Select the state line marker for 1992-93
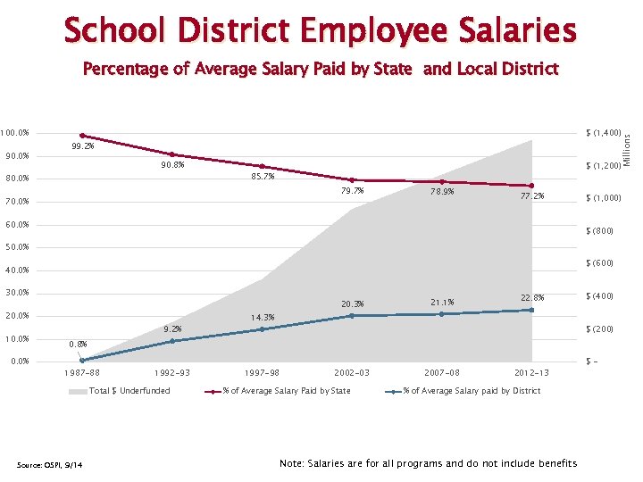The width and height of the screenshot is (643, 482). click(x=171, y=154)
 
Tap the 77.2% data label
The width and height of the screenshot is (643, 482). click(x=531, y=195)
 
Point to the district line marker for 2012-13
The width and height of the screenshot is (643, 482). click(x=531, y=310)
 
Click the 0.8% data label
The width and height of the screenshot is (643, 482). click(x=79, y=344)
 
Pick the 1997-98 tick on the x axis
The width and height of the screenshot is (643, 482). click(x=262, y=372)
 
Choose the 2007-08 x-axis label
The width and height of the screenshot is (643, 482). click(x=442, y=372)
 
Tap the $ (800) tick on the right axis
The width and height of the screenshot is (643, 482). click(x=599, y=231)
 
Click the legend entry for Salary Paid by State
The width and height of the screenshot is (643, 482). click(x=286, y=391)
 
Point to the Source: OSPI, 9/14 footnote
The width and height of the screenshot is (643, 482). click(x=46, y=462)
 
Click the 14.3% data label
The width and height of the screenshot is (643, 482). click(x=263, y=318)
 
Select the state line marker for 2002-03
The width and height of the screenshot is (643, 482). click(x=352, y=179)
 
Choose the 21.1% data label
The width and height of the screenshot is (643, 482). click(x=442, y=303)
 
